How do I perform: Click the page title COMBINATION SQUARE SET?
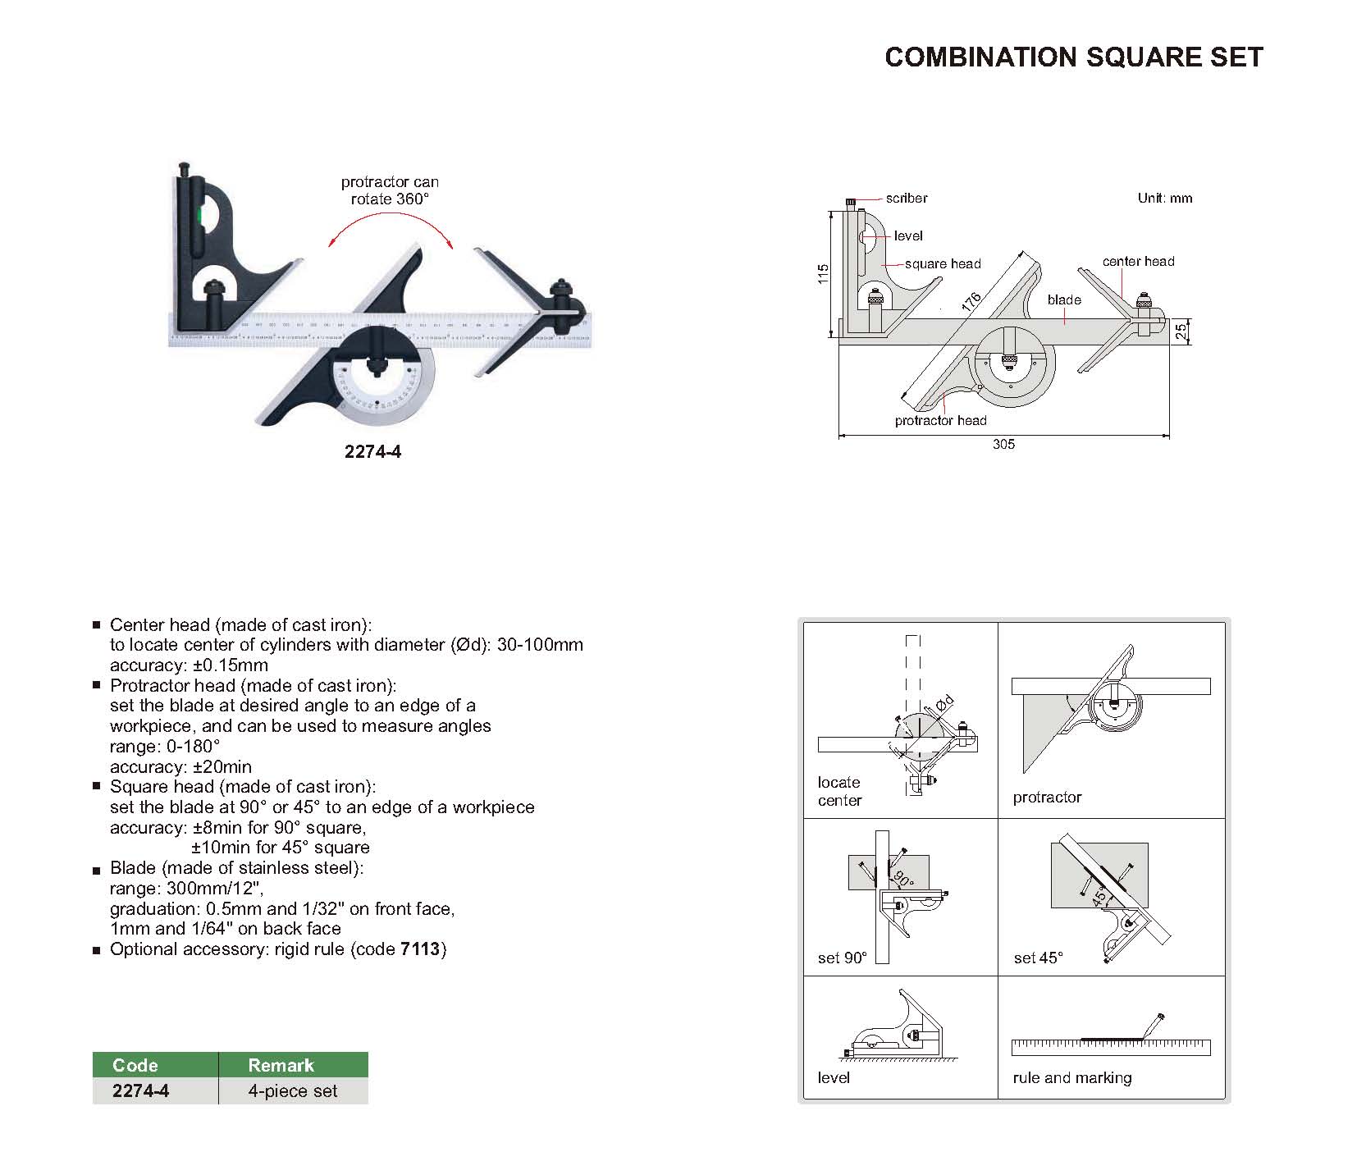[1073, 57]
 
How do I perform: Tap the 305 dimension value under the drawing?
[1003, 444]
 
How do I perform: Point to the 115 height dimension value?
[824, 274]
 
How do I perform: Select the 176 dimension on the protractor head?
[971, 302]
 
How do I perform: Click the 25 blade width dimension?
[1180, 331]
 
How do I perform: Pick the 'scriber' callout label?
[906, 199]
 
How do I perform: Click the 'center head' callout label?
[1138, 261]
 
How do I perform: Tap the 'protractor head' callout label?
[940, 420]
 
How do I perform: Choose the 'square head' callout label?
[943, 263]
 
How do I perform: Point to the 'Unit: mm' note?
[1164, 198]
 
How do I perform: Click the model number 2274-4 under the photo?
[372, 451]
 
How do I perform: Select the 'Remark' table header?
[281, 1065]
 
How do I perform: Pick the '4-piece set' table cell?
[293, 1091]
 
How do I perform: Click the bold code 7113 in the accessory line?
[420, 949]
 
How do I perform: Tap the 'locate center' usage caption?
[839, 791]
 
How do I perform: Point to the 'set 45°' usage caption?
[1038, 958]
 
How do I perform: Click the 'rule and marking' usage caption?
[1071, 1077]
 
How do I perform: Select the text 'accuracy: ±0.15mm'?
[189, 665]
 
